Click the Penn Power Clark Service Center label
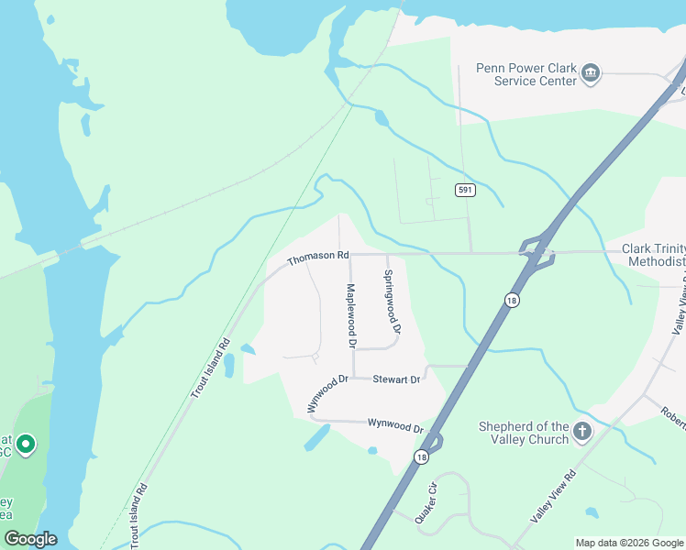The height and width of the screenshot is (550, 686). click(x=526, y=73)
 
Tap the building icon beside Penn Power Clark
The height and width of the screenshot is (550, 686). click(x=591, y=73)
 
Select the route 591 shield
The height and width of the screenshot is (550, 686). click(x=465, y=190)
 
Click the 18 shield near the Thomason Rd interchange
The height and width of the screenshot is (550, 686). click(x=510, y=299)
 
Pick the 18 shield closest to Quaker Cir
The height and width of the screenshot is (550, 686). click(x=421, y=457)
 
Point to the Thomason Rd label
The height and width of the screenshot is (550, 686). click(x=318, y=259)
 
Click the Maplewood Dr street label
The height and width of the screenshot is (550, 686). click(x=349, y=315)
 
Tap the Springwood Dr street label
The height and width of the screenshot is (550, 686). click(x=392, y=301)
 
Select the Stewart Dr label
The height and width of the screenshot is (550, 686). click(x=396, y=379)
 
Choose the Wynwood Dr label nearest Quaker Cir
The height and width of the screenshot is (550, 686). click(x=395, y=425)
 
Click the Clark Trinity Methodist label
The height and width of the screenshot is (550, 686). click(x=653, y=255)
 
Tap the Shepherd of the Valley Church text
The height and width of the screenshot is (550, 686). click(x=524, y=433)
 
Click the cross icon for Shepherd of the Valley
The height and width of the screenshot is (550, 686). click(x=581, y=430)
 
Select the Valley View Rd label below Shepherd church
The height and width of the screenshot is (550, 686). click(x=552, y=496)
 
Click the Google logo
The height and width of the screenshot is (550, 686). click(x=30, y=539)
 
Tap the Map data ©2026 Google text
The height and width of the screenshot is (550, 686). click(x=630, y=543)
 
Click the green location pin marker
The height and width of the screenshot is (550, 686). click(x=26, y=445)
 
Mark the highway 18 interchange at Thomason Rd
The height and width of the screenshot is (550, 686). click(x=537, y=253)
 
